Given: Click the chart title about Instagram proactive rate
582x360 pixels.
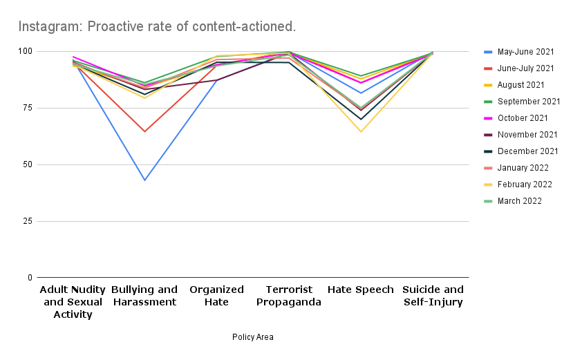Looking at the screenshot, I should tap(157, 27).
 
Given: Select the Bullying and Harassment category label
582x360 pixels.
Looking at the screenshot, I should tap(144, 296).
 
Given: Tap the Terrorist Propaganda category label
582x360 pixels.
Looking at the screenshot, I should tap(289, 296).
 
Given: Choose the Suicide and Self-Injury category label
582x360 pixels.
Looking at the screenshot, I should tap(433, 296).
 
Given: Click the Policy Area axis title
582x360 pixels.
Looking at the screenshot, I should tap(253, 337).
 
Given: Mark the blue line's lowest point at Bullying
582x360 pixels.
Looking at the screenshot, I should tap(144, 180).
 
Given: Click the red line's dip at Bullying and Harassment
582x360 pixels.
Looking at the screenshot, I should tap(144, 131).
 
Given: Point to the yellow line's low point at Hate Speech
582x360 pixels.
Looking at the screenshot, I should tap(361, 131).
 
